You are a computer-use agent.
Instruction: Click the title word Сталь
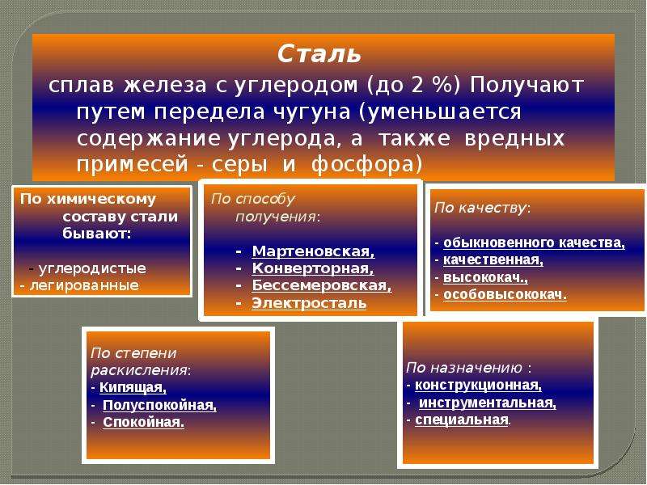[x=319, y=53]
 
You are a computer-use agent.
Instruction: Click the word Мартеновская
[x=313, y=251]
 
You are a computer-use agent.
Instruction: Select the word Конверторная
[x=313, y=268]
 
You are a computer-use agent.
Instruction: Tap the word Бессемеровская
[x=321, y=285]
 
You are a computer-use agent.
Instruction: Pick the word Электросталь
[x=309, y=303]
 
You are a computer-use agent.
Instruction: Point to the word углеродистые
[x=92, y=269]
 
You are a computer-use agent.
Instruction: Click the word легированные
[x=84, y=285]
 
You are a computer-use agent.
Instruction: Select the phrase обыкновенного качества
[x=534, y=243]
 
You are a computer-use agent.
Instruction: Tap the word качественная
[x=493, y=260]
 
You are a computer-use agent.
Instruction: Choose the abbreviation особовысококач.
[x=505, y=295]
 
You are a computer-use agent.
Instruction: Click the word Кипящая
[x=133, y=388]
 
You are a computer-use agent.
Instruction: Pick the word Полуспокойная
[x=159, y=406]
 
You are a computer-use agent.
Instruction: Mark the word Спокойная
[x=144, y=422]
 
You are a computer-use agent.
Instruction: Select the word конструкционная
[x=478, y=386]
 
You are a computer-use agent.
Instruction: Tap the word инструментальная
[x=488, y=403]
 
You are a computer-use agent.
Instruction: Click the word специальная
[x=462, y=420]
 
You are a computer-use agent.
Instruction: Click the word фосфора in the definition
[x=366, y=165]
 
